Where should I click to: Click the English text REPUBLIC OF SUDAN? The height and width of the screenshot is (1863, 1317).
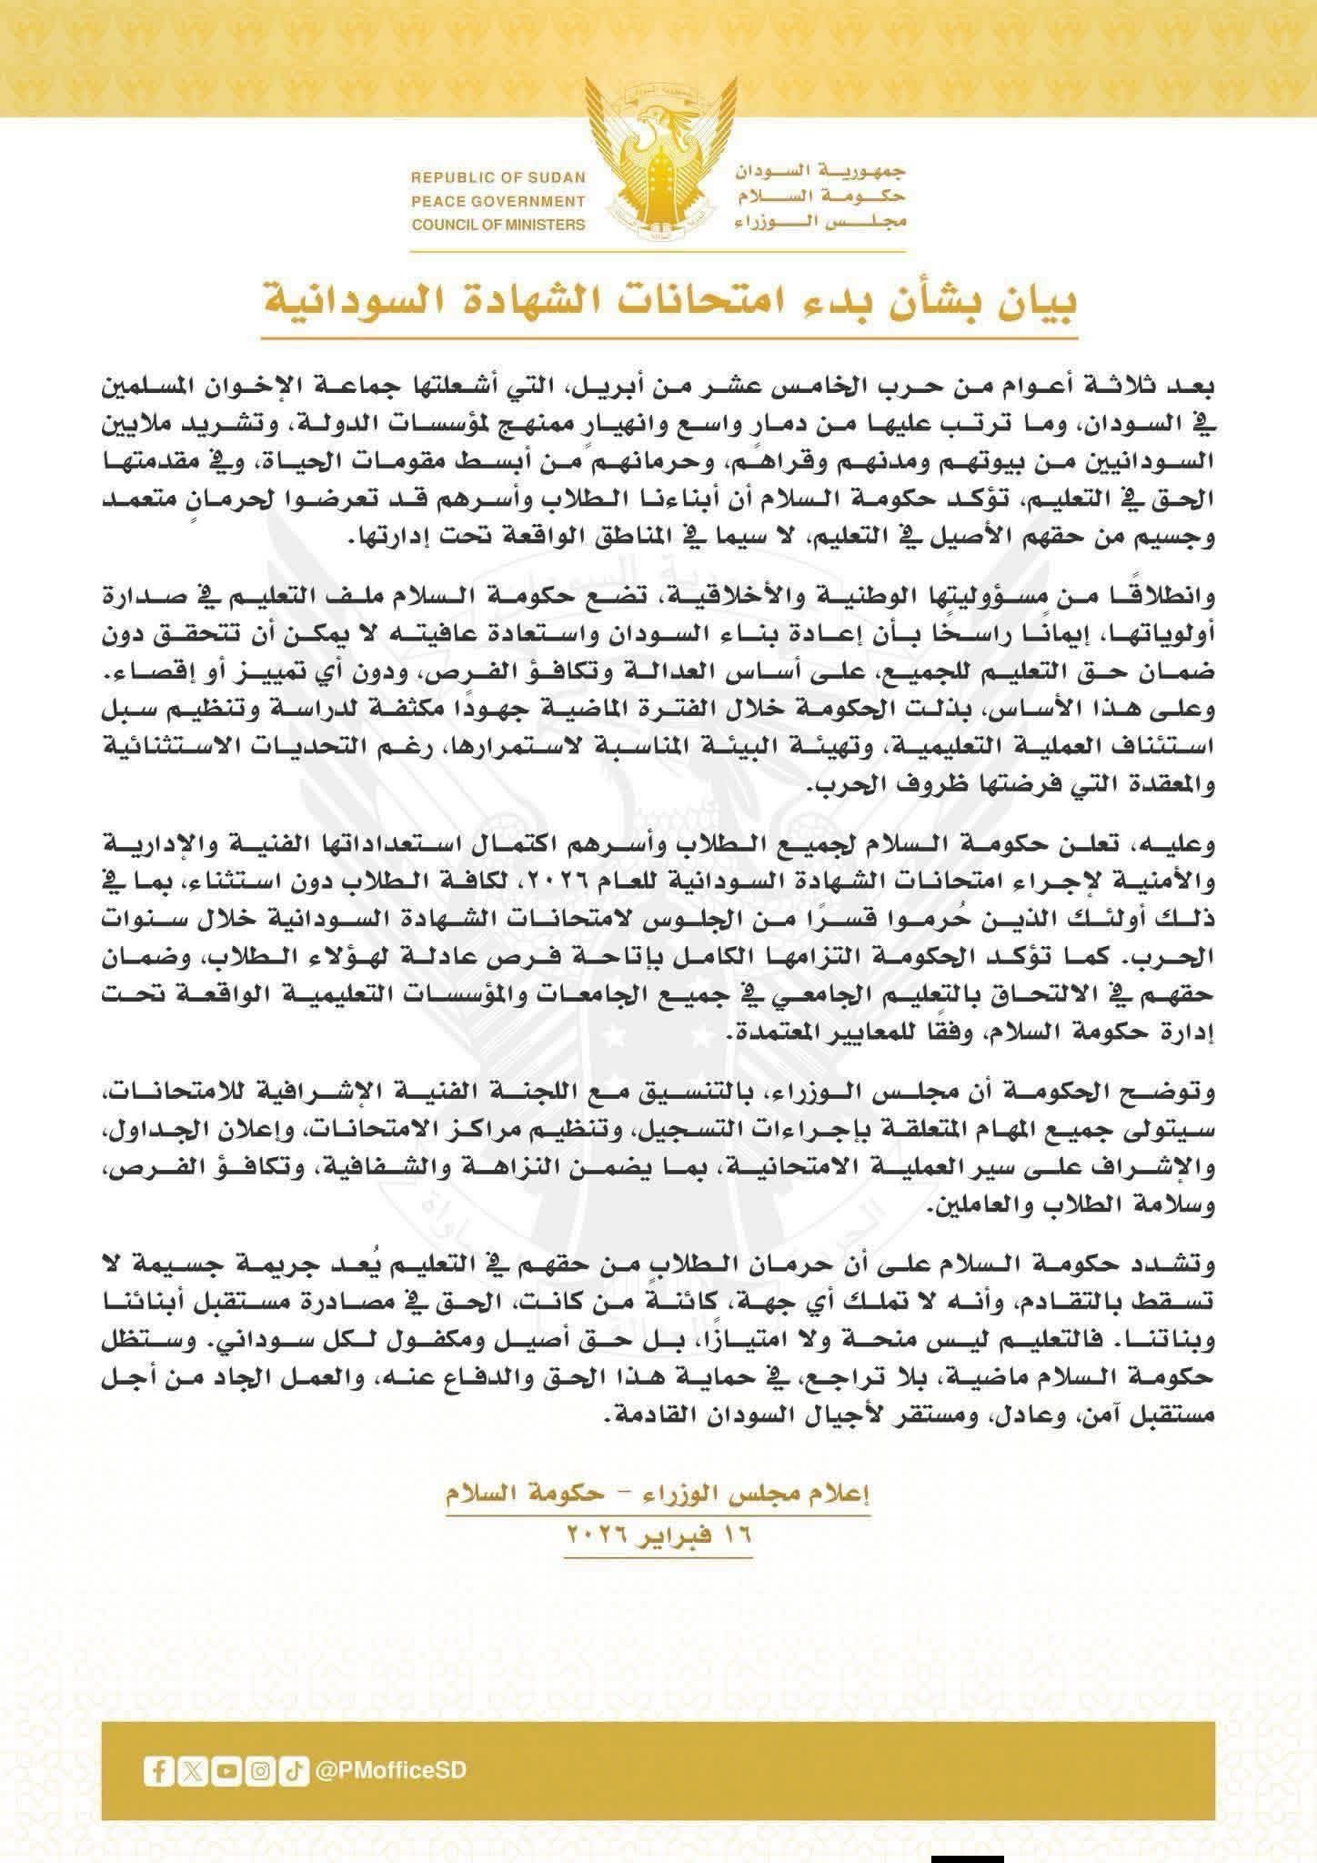(x=498, y=177)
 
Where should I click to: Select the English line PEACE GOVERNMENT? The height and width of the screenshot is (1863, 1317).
(x=498, y=201)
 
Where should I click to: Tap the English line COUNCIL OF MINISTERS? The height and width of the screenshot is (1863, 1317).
(x=498, y=225)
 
